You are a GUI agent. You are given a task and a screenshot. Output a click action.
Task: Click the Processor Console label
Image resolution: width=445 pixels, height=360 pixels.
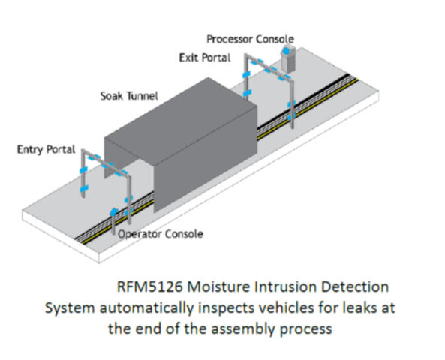[x=250, y=39]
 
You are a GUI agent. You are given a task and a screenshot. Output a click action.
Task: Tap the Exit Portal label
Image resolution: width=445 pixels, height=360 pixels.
[x=205, y=58]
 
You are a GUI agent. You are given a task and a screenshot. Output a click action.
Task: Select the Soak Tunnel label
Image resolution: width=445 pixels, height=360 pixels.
[x=129, y=96]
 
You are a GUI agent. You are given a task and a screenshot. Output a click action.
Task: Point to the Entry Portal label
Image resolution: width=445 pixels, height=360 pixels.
[x=46, y=149]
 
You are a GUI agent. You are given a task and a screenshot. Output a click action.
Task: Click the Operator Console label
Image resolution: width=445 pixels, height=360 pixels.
[x=161, y=234]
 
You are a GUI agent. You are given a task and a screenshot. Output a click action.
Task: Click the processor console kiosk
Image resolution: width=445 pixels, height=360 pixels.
[x=288, y=58]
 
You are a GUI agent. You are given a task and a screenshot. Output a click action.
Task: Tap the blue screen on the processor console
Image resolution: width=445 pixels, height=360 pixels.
[x=286, y=51]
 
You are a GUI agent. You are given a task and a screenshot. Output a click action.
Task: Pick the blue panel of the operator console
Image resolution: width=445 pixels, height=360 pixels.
[x=114, y=211]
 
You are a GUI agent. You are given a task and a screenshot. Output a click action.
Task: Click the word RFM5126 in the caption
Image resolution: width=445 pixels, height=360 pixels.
[x=149, y=286]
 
